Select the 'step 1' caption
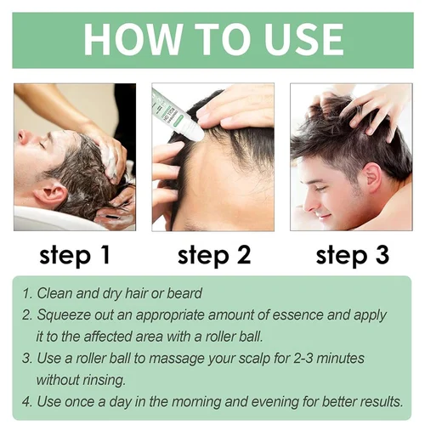point(74,256)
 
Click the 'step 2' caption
point(214,256)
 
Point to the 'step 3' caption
point(352,256)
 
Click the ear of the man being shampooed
point(50,194)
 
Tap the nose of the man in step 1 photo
point(23,136)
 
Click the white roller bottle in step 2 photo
point(178,116)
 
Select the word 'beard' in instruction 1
point(184,293)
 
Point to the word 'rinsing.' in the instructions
point(103,380)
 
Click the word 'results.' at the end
point(381,402)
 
